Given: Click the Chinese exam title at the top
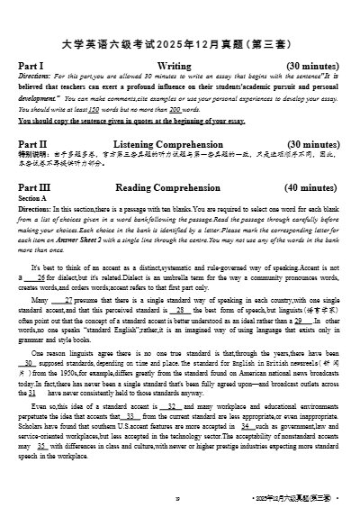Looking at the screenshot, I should coord(179,42).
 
